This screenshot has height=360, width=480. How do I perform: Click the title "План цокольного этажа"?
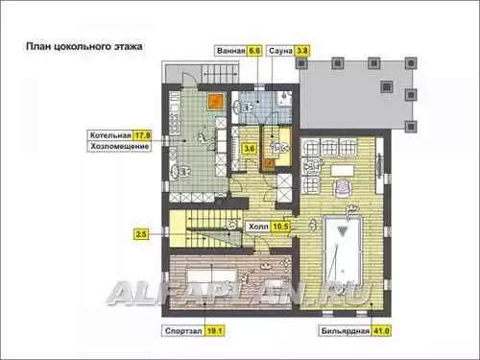pos(84,46)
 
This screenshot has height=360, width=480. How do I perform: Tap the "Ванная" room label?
pos(231,51)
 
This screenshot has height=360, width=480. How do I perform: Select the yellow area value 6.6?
pos(254,51)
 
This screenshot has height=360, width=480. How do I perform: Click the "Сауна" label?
pos(280,51)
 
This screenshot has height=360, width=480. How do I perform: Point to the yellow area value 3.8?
pos(302,51)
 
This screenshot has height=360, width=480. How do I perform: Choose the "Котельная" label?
pos(110,135)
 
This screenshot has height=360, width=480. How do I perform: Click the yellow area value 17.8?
pos(142,135)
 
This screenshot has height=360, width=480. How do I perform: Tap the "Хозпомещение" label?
pos(119,147)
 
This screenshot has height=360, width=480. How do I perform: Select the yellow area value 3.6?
pos(250,149)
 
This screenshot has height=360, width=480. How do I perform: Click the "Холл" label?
pos(258,227)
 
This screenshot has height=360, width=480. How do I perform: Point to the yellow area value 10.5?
pos(280,227)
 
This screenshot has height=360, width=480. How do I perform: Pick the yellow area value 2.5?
pos(141,234)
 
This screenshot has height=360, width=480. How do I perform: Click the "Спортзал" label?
pos(183,331)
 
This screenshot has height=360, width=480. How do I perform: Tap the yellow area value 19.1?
pos(214,331)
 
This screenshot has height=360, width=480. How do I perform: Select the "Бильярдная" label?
pos(346,331)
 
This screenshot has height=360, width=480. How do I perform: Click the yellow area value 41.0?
pos(381,331)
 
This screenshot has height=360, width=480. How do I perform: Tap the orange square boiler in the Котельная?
pos(215,101)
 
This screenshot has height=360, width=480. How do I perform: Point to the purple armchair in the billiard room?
pos(343,186)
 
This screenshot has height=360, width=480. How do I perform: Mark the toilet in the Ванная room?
pos(243,108)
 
